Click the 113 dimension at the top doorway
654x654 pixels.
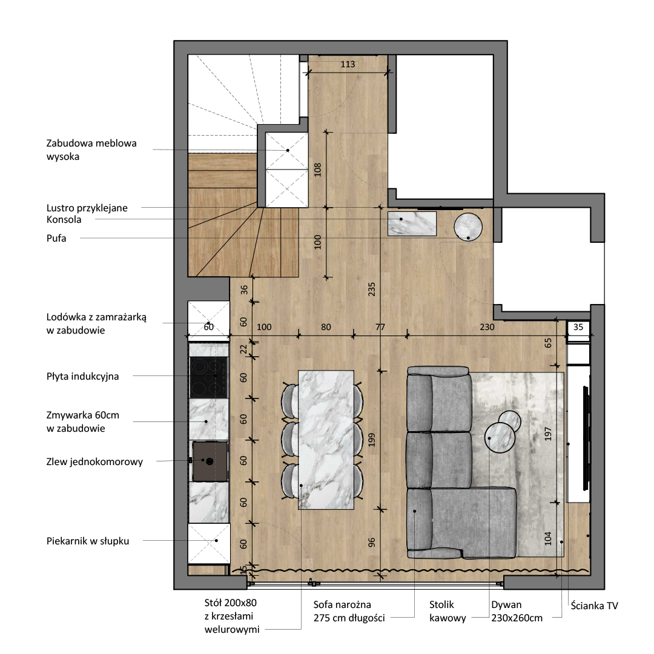coord(348,64)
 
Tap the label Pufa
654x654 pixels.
coord(56,238)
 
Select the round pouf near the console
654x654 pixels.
coord(468,227)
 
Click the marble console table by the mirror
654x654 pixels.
coord(412,223)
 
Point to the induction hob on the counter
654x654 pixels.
coord(209,377)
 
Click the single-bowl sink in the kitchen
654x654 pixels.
coord(210,461)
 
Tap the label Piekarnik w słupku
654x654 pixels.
coord(88,541)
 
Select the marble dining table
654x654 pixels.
coord(326,440)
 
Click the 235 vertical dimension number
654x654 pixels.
coord(372,289)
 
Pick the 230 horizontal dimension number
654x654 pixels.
coord(487,327)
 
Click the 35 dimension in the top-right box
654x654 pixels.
coord(578,327)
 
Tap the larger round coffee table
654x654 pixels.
coord(500,438)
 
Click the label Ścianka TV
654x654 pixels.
coord(595,606)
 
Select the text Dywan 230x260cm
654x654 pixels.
coord(517,611)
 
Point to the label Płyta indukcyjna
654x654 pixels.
coord(82,376)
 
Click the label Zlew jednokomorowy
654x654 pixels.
coord(94,461)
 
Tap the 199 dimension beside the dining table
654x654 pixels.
coord(372,440)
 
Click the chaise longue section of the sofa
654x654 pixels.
coord(474,523)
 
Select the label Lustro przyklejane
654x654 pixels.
coord(87,208)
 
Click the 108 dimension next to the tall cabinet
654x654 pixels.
coord(318,170)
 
